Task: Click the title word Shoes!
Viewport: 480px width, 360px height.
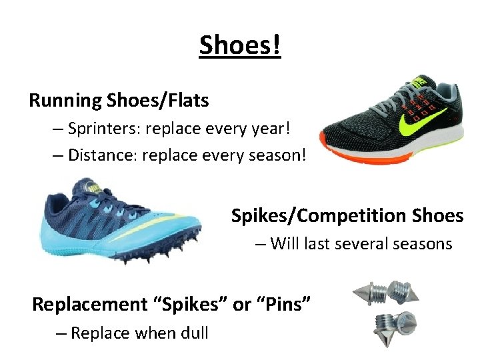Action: [240, 45]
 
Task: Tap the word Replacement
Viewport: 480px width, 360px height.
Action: [89, 304]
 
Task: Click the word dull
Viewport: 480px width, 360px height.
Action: [193, 333]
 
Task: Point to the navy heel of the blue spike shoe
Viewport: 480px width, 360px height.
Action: [57, 201]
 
